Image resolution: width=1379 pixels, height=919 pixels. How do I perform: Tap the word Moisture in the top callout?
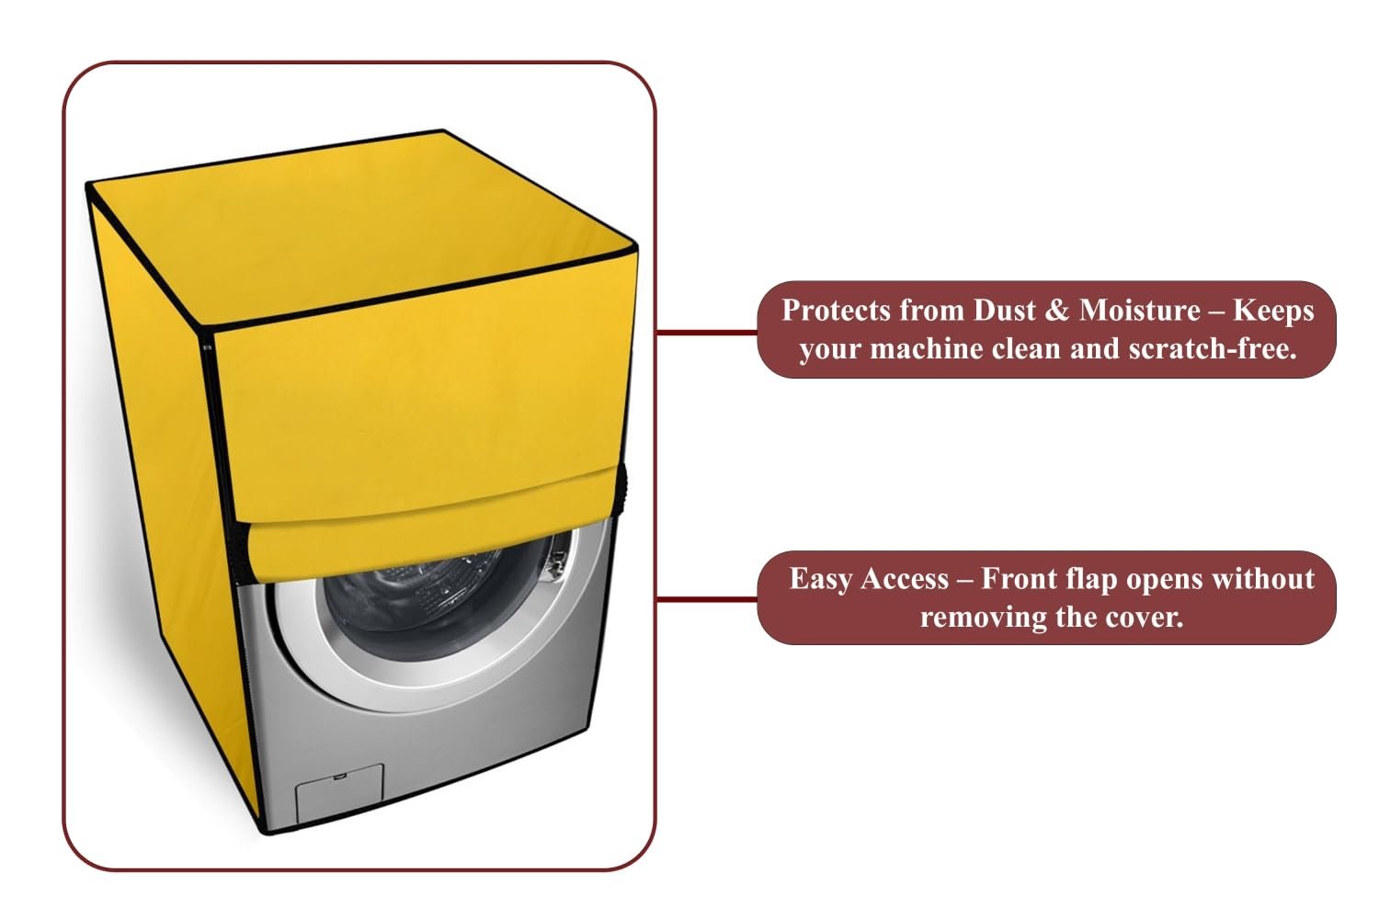pyautogui.click(x=1140, y=311)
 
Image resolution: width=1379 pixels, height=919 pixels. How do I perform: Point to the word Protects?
pyautogui.click(x=838, y=311)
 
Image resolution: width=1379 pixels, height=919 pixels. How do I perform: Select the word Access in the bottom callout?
pyautogui.click(x=905, y=579)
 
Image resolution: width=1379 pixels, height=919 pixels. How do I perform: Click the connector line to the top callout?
pyautogui.click(x=707, y=333)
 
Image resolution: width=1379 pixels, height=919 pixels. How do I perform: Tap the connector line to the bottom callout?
pyautogui.click(x=707, y=598)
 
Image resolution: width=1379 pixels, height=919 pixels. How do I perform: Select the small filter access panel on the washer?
pyautogui.click(x=339, y=793)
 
